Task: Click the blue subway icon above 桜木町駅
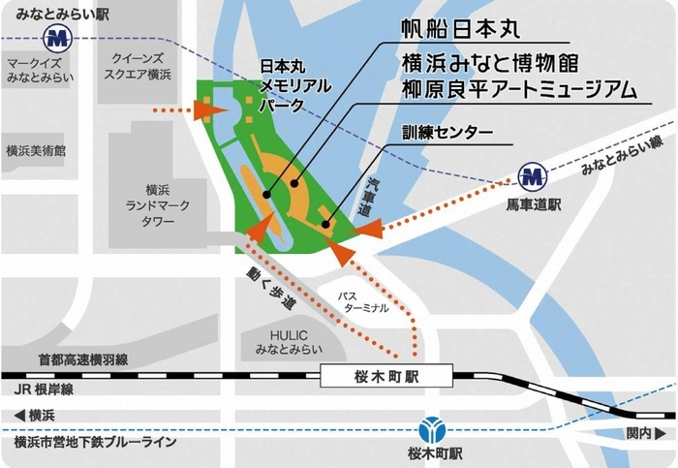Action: tap(432, 428)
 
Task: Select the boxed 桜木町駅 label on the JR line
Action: tap(373, 374)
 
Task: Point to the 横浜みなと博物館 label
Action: tap(490, 64)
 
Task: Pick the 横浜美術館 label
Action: tap(35, 151)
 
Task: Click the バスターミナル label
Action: tap(363, 299)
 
